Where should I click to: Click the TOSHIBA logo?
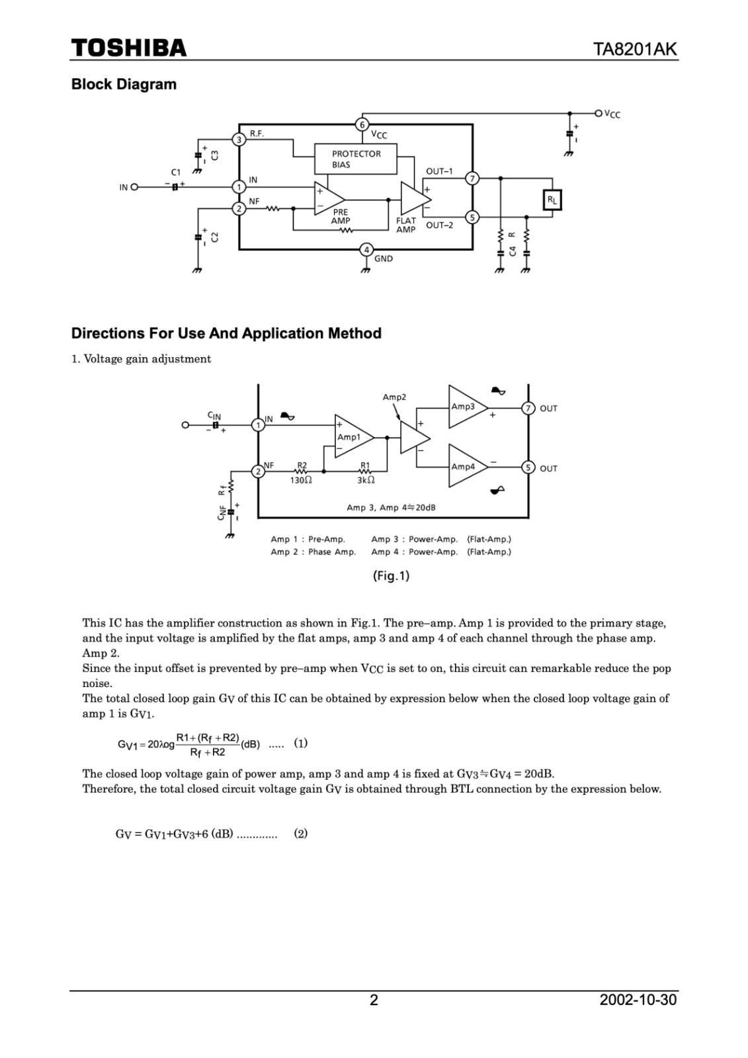(x=129, y=48)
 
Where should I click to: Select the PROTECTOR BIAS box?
(x=356, y=159)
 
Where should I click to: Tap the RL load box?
(x=552, y=200)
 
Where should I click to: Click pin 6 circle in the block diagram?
(x=362, y=124)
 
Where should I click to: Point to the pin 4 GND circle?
(x=366, y=250)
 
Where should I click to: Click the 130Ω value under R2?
(x=301, y=480)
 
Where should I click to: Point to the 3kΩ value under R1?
(x=366, y=480)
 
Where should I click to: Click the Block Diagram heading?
(x=124, y=85)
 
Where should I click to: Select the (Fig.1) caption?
(x=391, y=576)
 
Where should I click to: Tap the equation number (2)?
(x=301, y=834)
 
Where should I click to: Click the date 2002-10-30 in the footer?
(x=638, y=1000)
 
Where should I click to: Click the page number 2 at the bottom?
(x=374, y=1000)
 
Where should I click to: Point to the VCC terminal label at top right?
(x=612, y=114)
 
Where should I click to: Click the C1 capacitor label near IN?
(x=175, y=173)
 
